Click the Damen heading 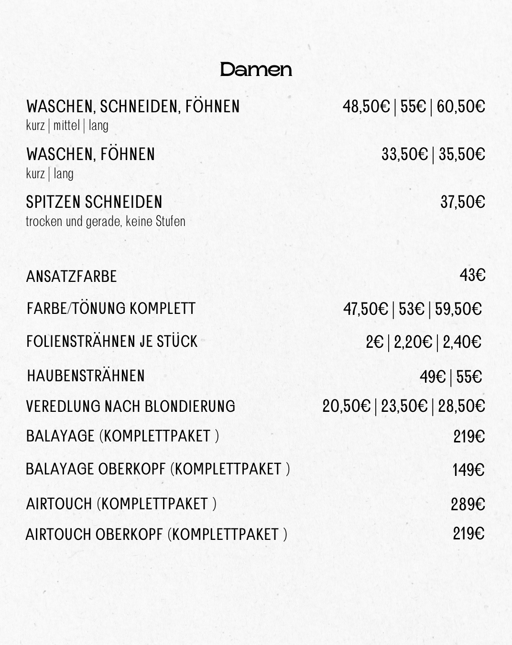pos(256,70)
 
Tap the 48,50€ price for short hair pos(366,107)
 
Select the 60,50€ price pos(461,107)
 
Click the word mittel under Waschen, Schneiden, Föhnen pos(66,126)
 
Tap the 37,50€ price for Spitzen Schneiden pos(462,202)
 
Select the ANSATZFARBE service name pos(71,277)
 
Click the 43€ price pos(472,275)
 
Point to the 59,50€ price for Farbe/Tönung pos(458,309)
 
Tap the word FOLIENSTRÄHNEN pos(81,342)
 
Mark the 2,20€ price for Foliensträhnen pos(413,342)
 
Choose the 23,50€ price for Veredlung pos(404,407)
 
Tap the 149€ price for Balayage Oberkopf pos(468,470)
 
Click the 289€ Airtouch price pos(468,504)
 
